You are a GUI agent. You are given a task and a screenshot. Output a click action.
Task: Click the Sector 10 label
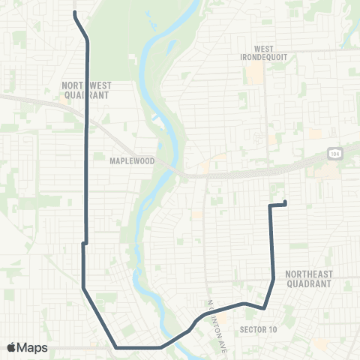(258, 329)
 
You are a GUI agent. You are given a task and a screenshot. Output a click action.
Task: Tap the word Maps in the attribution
(33, 347)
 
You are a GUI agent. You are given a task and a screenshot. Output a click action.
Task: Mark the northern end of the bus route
(74, 13)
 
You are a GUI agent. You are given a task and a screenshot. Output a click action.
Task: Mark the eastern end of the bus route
(286, 202)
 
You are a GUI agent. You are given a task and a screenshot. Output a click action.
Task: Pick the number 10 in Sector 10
(272, 329)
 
